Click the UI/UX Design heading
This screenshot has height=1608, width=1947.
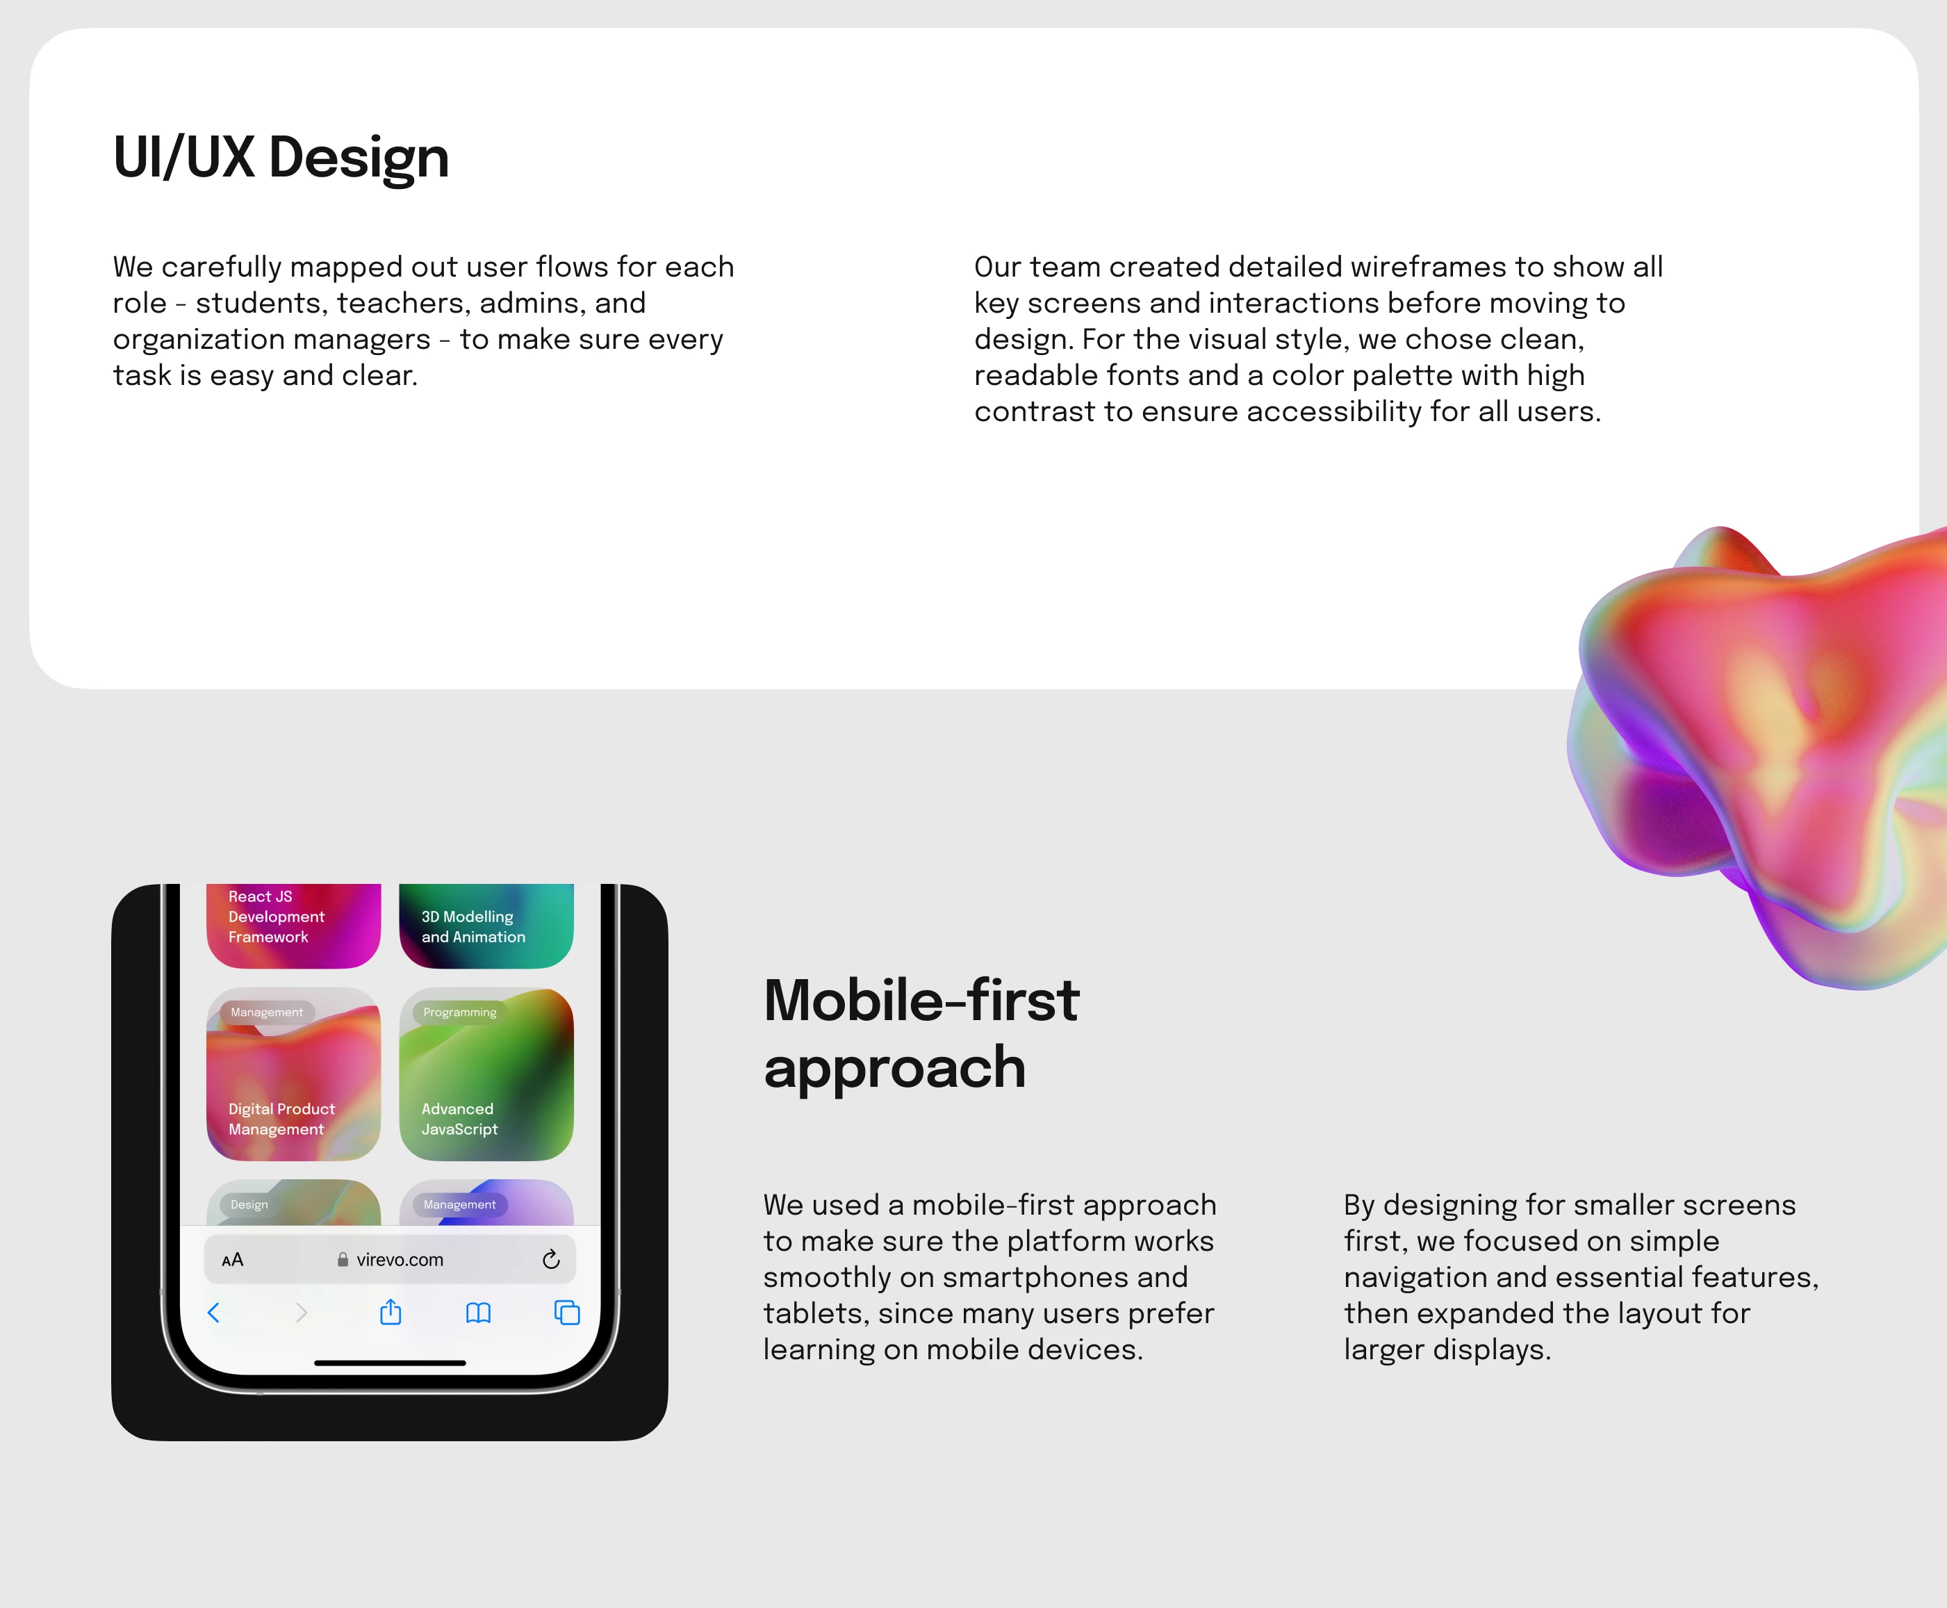pos(281,158)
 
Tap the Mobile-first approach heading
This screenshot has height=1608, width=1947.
pos(921,1034)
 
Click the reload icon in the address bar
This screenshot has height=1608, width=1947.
pos(551,1258)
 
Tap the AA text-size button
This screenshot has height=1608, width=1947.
pos(233,1260)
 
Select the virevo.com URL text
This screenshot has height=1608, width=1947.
pos(400,1260)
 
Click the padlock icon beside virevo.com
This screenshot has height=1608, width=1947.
pos(343,1258)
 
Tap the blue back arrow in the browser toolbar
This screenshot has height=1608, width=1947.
pos(214,1313)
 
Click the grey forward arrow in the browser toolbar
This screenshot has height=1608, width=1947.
pos(301,1313)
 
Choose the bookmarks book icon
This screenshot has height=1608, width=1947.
pos(478,1313)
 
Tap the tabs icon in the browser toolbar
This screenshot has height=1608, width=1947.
pos(567,1313)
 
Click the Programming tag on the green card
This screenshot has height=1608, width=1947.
pos(461,1012)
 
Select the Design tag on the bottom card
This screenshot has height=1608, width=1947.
pos(249,1204)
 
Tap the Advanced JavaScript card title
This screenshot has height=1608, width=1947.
pos(459,1119)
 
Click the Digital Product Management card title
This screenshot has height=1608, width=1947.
pos(281,1119)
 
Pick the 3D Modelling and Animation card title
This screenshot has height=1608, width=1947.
pos(473,926)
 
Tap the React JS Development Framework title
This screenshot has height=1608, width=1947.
pos(276,916)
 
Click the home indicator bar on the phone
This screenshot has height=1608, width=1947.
pos(390,1363)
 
